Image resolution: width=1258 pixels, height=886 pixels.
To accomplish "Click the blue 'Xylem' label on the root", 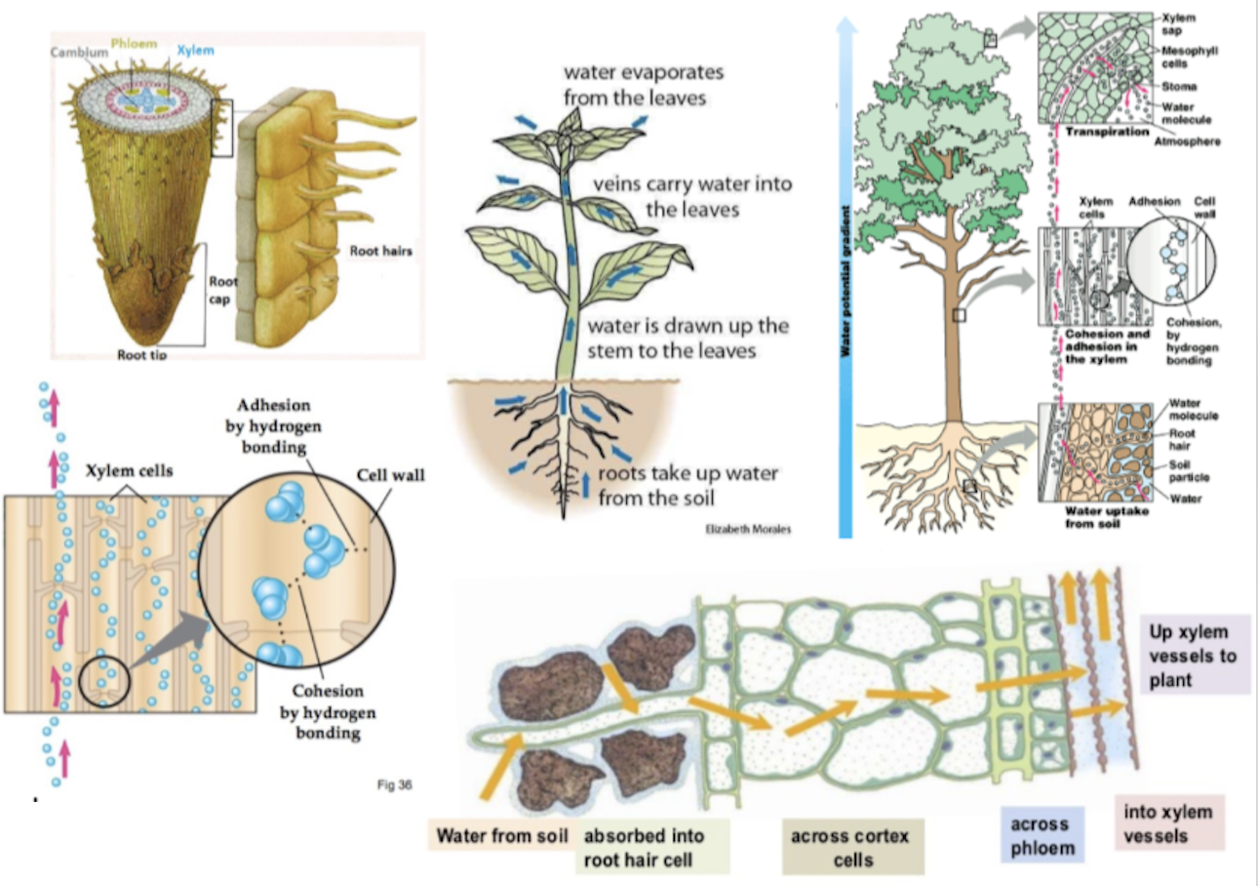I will [196, 50].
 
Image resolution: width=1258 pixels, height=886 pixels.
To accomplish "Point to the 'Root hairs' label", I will [380, 251].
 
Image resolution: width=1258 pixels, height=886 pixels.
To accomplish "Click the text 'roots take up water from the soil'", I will [688, 486].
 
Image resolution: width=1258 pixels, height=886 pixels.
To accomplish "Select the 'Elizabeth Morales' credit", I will [748, 529].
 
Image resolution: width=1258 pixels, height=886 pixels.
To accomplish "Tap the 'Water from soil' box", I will [502, 836].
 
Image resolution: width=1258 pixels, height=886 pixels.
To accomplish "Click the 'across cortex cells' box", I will [849, 848].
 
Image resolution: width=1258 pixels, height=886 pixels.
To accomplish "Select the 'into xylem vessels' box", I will [1167, 824].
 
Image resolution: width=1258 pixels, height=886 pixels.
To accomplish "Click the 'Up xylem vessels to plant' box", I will [1194, 655].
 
